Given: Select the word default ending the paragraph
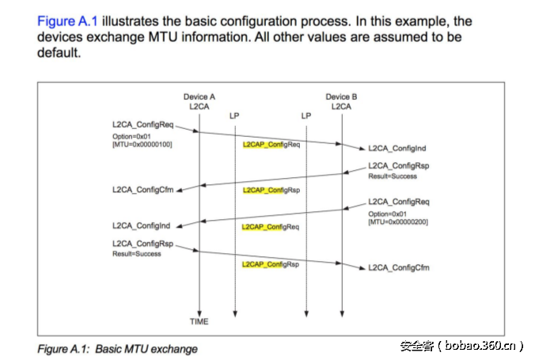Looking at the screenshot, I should (59, 54).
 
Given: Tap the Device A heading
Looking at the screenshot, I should (199, 97).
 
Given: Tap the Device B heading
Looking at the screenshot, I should (342, 97).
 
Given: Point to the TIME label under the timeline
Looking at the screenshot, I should (199, 322).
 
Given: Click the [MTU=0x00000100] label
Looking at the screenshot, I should (142, 144).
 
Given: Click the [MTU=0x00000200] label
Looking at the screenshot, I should (399, 222).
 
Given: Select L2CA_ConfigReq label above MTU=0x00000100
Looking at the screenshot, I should (142, 125).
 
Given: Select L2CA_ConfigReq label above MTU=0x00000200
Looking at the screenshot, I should (399, 202).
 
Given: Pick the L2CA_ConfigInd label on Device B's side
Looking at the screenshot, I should (397, 149).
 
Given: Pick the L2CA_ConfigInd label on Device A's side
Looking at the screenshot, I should (141, 225).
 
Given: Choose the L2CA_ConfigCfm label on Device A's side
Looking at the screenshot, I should (142, 191).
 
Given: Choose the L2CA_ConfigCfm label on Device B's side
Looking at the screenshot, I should (399, 267).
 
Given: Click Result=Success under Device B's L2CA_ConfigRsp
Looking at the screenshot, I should (393, 176).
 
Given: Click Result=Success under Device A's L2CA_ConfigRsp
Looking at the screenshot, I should (136, 254).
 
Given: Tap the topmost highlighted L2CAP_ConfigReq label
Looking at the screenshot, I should (271, 146).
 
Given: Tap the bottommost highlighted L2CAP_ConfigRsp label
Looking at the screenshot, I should (271, 264).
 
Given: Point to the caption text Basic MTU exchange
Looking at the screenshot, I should (146, 348).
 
